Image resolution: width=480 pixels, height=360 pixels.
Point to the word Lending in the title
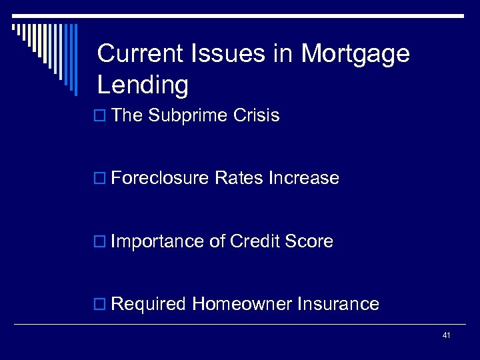(143, 86)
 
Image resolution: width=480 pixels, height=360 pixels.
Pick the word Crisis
(257, 115)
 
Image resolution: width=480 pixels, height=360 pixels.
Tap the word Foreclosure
(159, 178)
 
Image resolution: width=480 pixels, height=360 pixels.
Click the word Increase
(303, 178)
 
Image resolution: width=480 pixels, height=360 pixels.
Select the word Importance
(157, 241)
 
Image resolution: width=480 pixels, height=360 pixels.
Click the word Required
(149, 304)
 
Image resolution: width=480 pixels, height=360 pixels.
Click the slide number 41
(446, 335)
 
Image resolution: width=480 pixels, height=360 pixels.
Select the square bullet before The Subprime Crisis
(101, 116)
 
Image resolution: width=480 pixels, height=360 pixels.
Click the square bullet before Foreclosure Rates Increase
(101, 179)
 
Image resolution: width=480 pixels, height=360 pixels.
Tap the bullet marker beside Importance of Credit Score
(101, 241)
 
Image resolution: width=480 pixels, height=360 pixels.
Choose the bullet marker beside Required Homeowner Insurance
(101, 305)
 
